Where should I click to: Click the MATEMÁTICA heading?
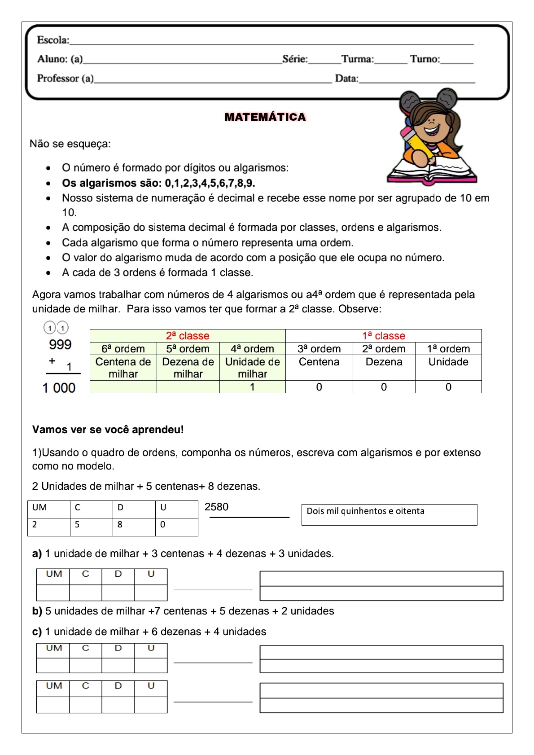tap(265, 117)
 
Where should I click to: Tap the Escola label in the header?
tap(53, 40)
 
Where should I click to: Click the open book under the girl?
tap(432, 171)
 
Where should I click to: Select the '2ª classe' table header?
tap(188, 336)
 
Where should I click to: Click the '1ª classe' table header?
tap(384, 336)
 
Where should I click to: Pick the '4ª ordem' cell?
tap(252, 349)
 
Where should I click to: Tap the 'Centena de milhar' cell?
tap(123, 368)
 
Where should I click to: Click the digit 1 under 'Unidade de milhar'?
tap(252, 387)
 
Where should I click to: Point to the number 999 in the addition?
tap(60, 345)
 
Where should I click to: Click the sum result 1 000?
tap(59, 388)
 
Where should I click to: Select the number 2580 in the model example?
tap(216, 507)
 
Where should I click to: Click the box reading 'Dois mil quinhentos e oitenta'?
tap(389, 514)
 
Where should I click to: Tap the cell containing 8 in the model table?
tap(134, 525)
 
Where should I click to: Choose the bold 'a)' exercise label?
tap(37, 554)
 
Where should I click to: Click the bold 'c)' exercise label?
tap(37, 632)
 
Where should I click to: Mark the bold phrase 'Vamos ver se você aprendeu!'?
tap(108, 430)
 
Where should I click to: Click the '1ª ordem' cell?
tap(448, 349)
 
